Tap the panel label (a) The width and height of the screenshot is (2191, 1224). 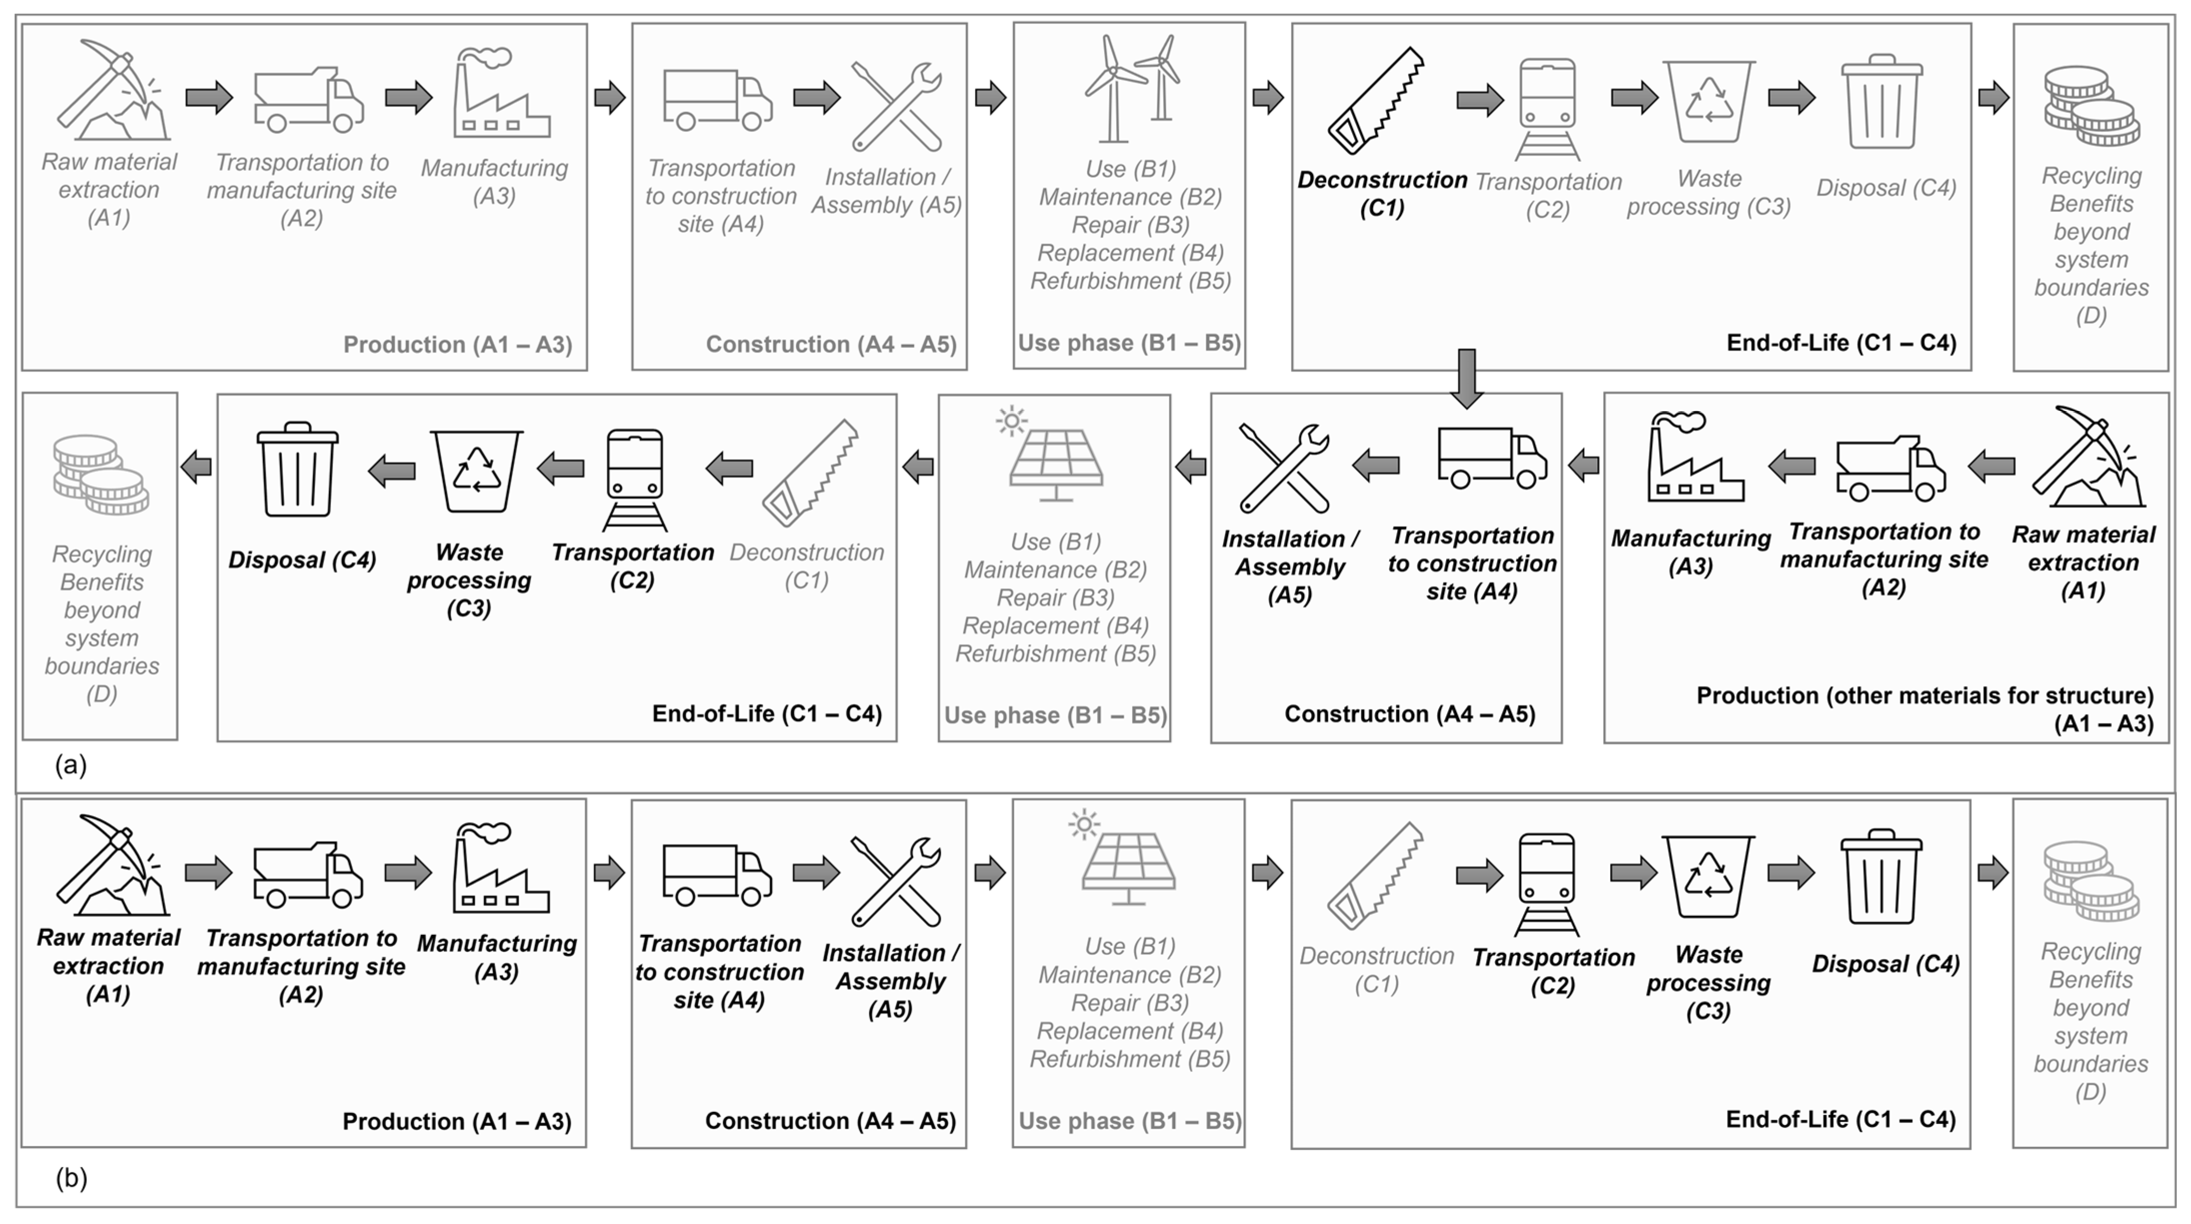[71, 765]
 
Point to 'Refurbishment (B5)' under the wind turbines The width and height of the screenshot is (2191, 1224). [1130, 281]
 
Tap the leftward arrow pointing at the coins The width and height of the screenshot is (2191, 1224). [197, 466]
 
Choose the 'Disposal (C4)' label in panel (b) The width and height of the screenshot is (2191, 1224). [1885, 964]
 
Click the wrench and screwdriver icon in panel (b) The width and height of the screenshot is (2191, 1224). [897, 881]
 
